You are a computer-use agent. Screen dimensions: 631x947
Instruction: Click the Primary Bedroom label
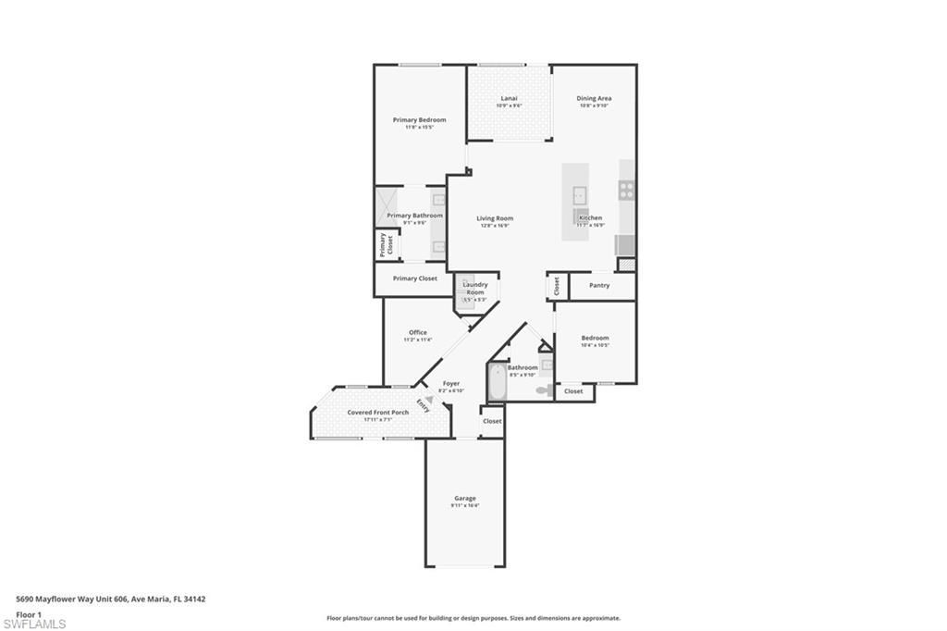pyautogui.click(x=419, y=120)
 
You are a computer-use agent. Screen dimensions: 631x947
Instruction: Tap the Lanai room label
pyautogui.click(x=509, y=98)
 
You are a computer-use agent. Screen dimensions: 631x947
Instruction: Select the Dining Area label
pyautogui.click(x=594, y=98)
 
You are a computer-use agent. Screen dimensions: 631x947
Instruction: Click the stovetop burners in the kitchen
pyautogui.click(x=627, y=191)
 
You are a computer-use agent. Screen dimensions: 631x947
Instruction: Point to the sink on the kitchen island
pyautogui.click(x=579, y=194)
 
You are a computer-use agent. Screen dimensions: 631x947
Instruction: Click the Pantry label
pyautogui.click(x=599, y=285)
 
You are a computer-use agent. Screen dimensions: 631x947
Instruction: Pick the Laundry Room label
pyautogui.click(x=474, y=288)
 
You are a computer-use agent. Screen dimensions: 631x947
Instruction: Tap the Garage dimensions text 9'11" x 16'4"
pyautogui.click(x=465, y=505)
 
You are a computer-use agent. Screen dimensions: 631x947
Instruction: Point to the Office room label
pyautogui.click(x=417, y=332)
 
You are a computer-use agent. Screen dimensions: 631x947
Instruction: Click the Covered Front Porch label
pyautogui.click(x=377, y=412)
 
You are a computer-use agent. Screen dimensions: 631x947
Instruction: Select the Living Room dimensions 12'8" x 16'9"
pyautogui.click(x=495, y=225)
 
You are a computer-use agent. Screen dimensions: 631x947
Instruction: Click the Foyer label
pyautogui.click(x=451, y=383)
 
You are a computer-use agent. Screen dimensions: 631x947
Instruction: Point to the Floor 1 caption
pyautogui.click(x=29, y=613)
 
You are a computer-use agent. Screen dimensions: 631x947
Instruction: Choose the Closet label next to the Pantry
pyautogui.click(x=557, y=286)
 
